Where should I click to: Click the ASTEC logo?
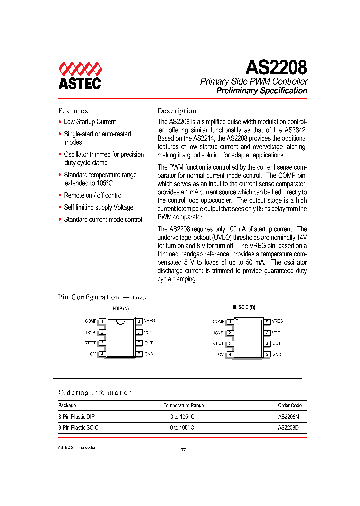[x=80, y=76]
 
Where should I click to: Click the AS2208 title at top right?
[x=276, y=67]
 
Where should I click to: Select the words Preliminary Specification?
[x=261, y=91]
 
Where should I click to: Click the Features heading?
[x=73, y=111]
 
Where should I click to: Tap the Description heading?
[x=177, y=111]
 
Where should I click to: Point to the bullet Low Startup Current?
[x=90, y=122]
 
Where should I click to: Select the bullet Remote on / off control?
[x=93, y=195]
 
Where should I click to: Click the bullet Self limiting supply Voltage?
[x=98, y=207]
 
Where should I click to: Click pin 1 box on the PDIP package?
[x=102, y=321]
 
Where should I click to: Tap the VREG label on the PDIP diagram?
[x=150, y=321]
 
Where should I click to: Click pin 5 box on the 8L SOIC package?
[x=267, y=354]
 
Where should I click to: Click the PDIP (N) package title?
[x=120, y=309]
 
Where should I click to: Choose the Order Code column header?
[x=289, y=405]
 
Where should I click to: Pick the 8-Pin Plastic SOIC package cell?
[x=78, y=428]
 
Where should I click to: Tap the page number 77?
[x=183, y=450]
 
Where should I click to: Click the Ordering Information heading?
[x=95, y=393]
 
